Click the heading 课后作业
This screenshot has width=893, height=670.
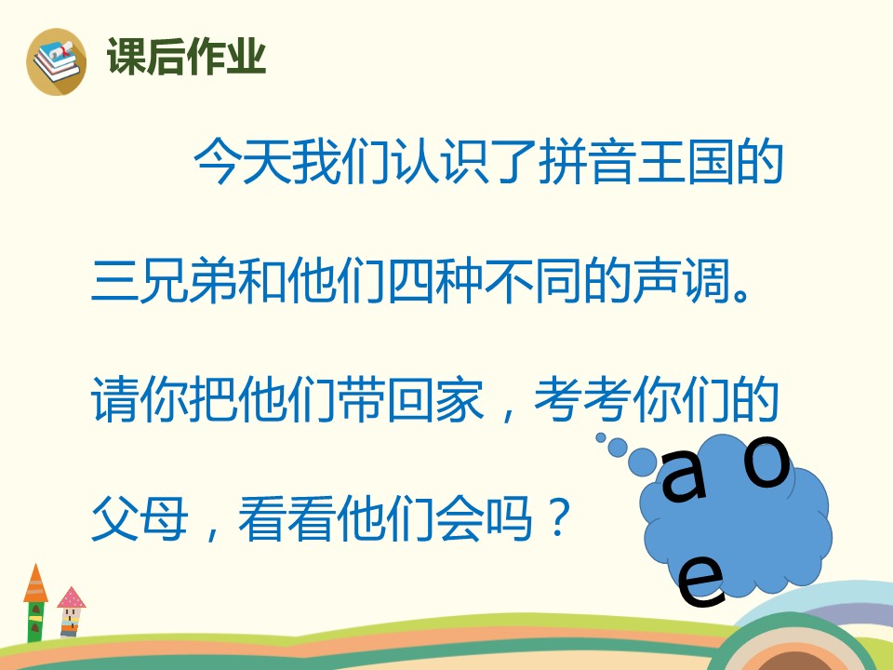[187, 58]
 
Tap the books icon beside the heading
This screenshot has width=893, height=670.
[56, 60]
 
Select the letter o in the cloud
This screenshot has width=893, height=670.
[768, 465]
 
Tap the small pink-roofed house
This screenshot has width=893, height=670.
[71, 612]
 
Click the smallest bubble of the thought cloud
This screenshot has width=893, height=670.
[601, 436]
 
